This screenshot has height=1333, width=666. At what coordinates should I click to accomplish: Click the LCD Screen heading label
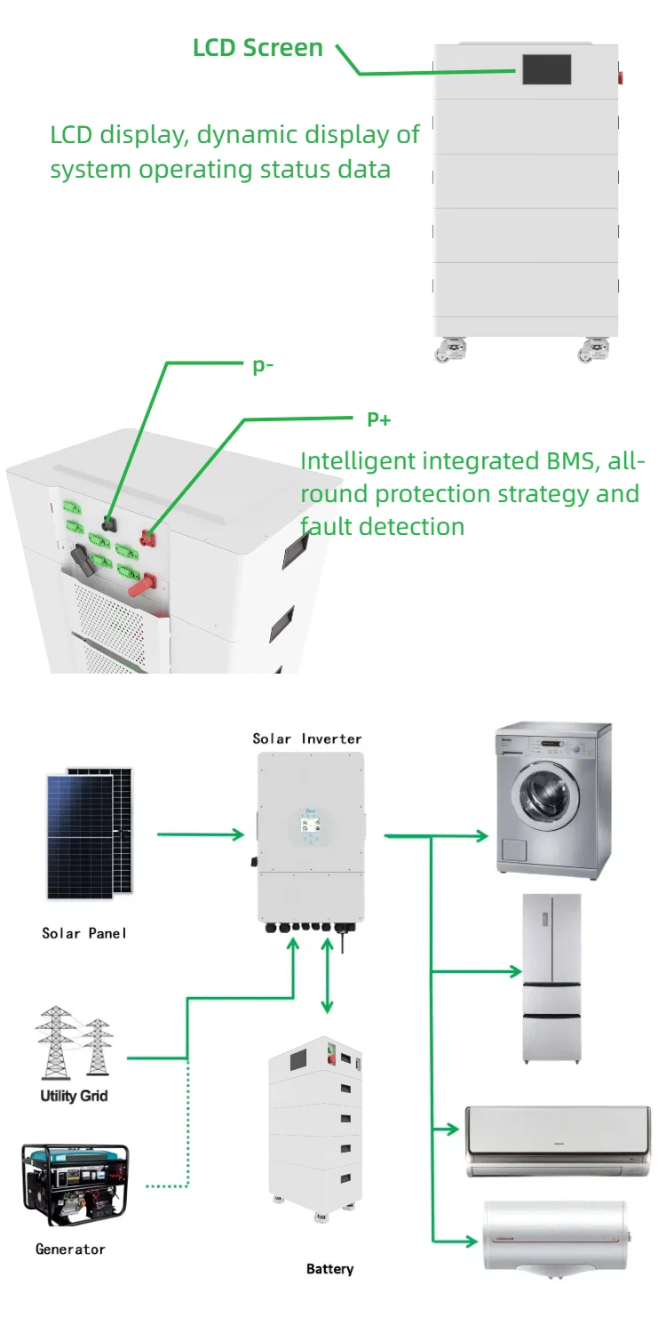(258, 47)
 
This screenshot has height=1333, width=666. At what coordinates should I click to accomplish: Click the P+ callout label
(379, 419)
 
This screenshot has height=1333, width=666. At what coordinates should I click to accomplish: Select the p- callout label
(262, 366)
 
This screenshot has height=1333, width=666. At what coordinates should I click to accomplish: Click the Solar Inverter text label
(307, 738)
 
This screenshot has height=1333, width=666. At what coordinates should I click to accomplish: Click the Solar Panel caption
(84, 933)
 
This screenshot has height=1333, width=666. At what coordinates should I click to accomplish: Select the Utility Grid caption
(74, 1096)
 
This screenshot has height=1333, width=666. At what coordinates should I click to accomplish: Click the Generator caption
(70, 1249)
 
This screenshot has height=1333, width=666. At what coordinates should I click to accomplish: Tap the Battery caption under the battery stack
(329, 1269)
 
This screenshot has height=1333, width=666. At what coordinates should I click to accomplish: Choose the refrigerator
(552, 978)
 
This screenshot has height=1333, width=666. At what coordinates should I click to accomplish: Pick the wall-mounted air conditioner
(558, 1140)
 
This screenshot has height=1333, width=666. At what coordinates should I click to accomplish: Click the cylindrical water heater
(556, 1239)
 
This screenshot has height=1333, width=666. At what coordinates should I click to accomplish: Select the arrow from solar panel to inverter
(201, 834)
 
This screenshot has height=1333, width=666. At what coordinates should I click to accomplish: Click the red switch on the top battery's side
(621, 78)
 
